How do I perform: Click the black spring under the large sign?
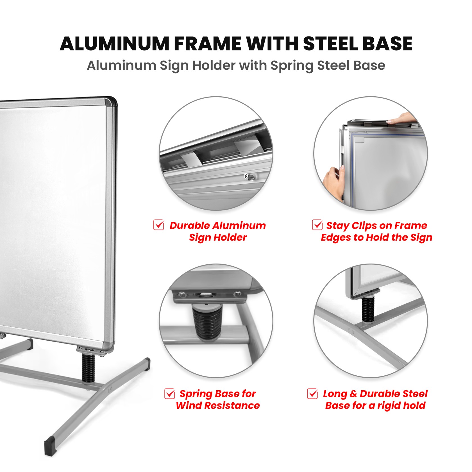click(x=88, y=367)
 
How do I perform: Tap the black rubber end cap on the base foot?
click(x=51, y=447)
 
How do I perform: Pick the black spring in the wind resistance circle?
click(x=207, y=322)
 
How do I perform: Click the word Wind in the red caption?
click(x=189, y=405)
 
